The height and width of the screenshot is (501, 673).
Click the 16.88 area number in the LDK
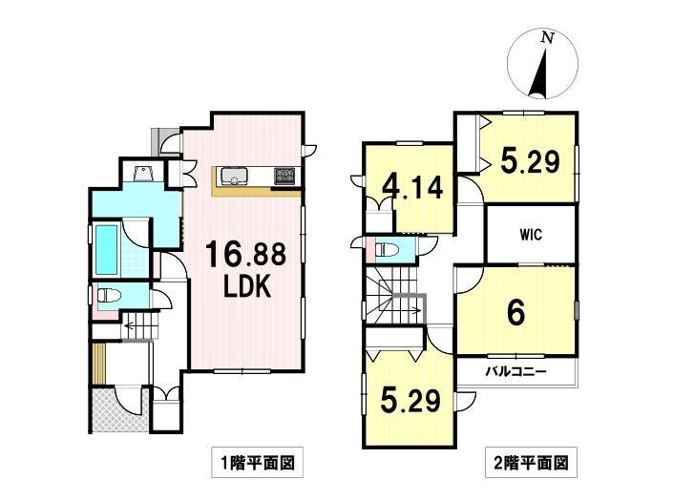point(245,254)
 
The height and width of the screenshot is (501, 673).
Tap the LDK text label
point(247,286)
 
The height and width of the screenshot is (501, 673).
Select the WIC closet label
point(531,235)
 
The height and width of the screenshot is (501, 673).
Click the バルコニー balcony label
point(515,371)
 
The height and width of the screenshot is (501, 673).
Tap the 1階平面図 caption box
point(257,463)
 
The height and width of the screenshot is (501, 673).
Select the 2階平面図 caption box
point(531,463)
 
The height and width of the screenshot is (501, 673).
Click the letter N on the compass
point(546,38)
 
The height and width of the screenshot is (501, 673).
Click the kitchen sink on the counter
point(234,176)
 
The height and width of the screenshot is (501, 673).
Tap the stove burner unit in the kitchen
point(284,176)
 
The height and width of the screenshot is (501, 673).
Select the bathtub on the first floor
point(106,250)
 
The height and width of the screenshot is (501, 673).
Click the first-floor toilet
point(109,295)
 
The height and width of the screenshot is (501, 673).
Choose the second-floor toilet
point(387,249)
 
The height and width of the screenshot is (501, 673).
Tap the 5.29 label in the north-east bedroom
point(531,161)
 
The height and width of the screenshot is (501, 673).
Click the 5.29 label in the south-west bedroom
point(410,400)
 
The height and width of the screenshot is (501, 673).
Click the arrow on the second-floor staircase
point(413,309)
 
